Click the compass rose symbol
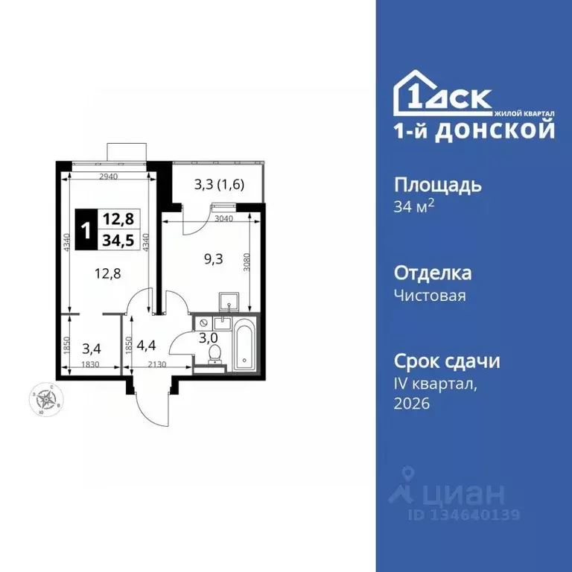click(46, 399)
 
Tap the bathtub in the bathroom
click(244, 343)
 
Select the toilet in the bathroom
click(214, 352)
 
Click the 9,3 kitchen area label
click(214, 261)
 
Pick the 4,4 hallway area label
click(146, 346)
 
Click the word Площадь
click(437, 184)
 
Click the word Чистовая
click(430, 296)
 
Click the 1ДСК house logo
click(442, 93)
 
